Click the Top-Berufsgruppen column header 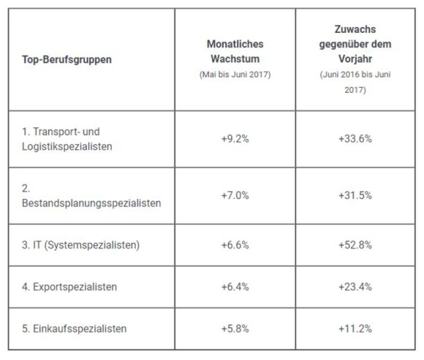pyautogui.click(x=67, y=59)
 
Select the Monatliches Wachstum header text pyautogui.click(x=235, y=51)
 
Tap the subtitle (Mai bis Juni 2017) pyautogui.click(x=235, y=75)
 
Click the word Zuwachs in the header pyautogui.click(x=355, y=29)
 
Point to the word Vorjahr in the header pyautogui.click(x=355, y=59)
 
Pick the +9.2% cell pyautogui.click(x=235, y=139)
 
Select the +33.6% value pyautogui.click(x=355, y=139)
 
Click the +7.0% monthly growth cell pyautogui.click(x=235, y=195)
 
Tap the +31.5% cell pyautogui.click(x=355, y=195)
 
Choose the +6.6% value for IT pyautogui.click(x=235, y=245)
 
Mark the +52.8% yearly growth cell pyautogui.click(x=355, y=245)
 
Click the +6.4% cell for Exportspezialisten pyautogui.click(x=235, y=287)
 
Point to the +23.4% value pyautogui.click(x=355, y=287)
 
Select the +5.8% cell pyautogui.click(x=235, y=329)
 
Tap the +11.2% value pyautogui.click(x=355, y=329)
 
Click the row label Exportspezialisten pyautogui.click(x=75, y=287)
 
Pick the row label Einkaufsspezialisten pyautogui.click(x=80, y=329)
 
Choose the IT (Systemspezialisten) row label pyautogui.click(x=86, y=245)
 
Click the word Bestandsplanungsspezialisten pyautogui.click(x=91, y=203)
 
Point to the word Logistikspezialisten pyautogui.click(x=67, y=146)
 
